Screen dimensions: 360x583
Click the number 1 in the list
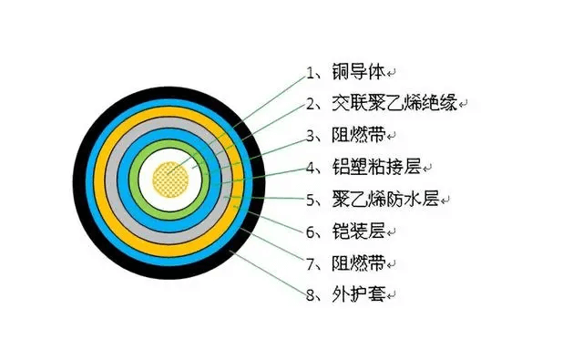pos(311,71)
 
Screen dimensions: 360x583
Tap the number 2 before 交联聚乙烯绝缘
pos(311,103)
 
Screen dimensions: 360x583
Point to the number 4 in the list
pos(311,168)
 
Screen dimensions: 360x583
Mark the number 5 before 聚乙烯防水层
pos(311,199)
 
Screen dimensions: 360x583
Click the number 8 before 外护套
pos(311,295)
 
